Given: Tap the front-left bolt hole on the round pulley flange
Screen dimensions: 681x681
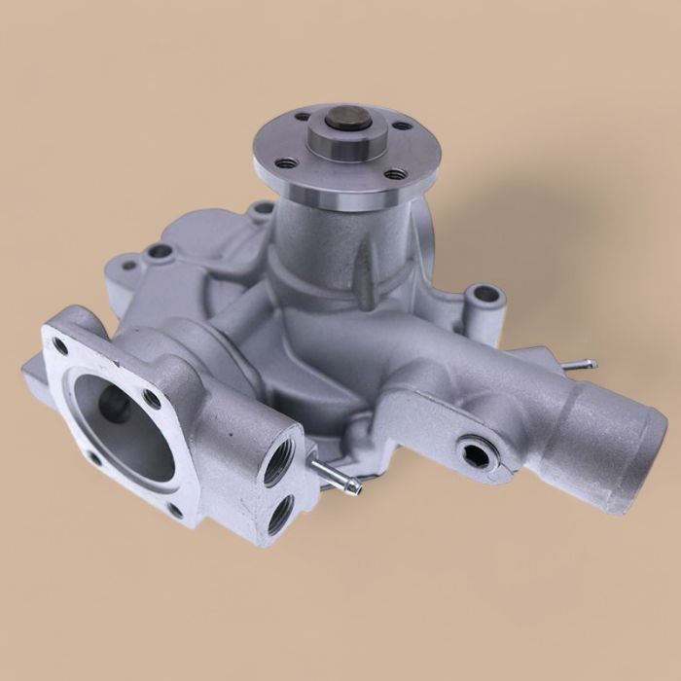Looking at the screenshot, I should [285, 162].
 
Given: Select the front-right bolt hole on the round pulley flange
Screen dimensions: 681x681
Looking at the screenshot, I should [395, 174].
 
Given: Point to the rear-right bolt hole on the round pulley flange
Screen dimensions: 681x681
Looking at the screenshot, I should [402, 125].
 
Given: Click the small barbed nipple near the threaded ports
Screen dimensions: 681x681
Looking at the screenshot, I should [336, 477].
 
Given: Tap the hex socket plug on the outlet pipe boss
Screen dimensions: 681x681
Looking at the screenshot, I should [473, 451].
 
